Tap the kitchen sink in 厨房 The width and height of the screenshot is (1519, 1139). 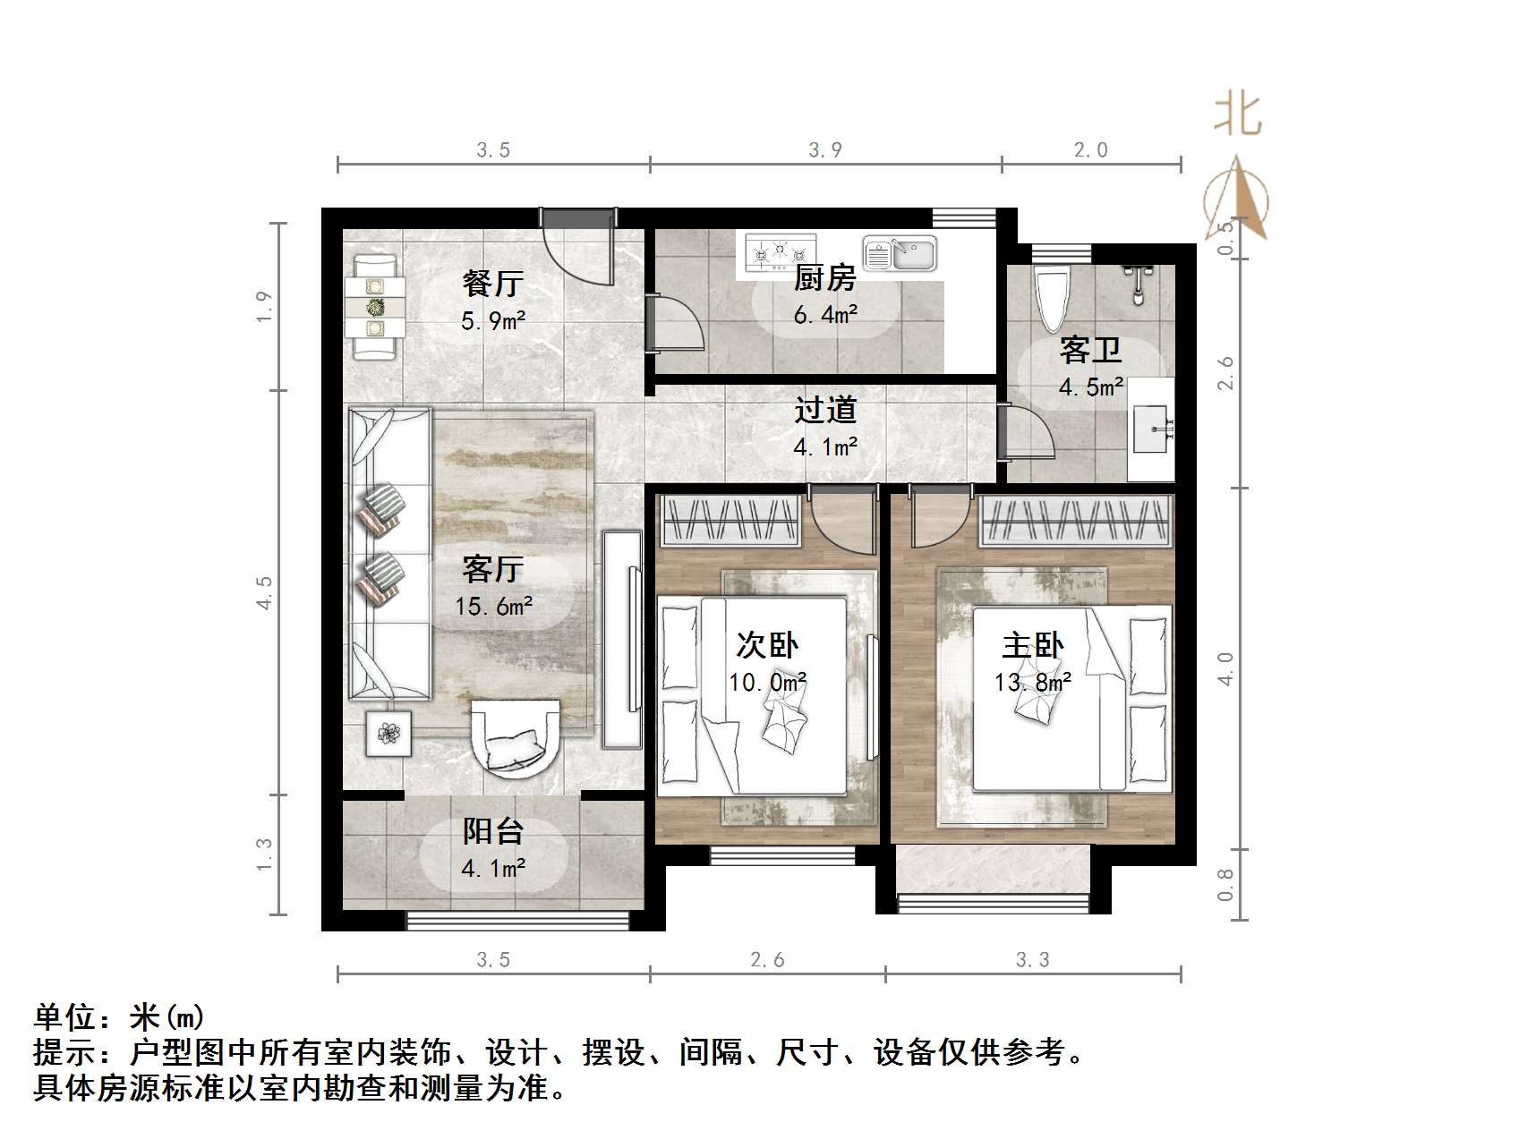[900, 254]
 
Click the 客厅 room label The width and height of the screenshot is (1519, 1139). [492, 568]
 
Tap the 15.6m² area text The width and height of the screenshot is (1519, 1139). [493, 606]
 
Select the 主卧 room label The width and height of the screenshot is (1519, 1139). [1032, 646]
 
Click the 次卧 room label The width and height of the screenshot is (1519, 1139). [767, 646]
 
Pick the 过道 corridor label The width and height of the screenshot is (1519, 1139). [825, 410]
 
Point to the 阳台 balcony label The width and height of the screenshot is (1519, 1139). [492, 831]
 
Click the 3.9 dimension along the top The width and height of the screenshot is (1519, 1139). [825, 149]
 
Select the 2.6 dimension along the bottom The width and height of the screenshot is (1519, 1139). [767, 960]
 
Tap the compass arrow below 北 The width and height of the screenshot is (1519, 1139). [1241, 201]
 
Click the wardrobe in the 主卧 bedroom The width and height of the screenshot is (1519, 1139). [1076, 522]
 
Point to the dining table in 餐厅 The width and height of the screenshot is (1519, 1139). [375, 307]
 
